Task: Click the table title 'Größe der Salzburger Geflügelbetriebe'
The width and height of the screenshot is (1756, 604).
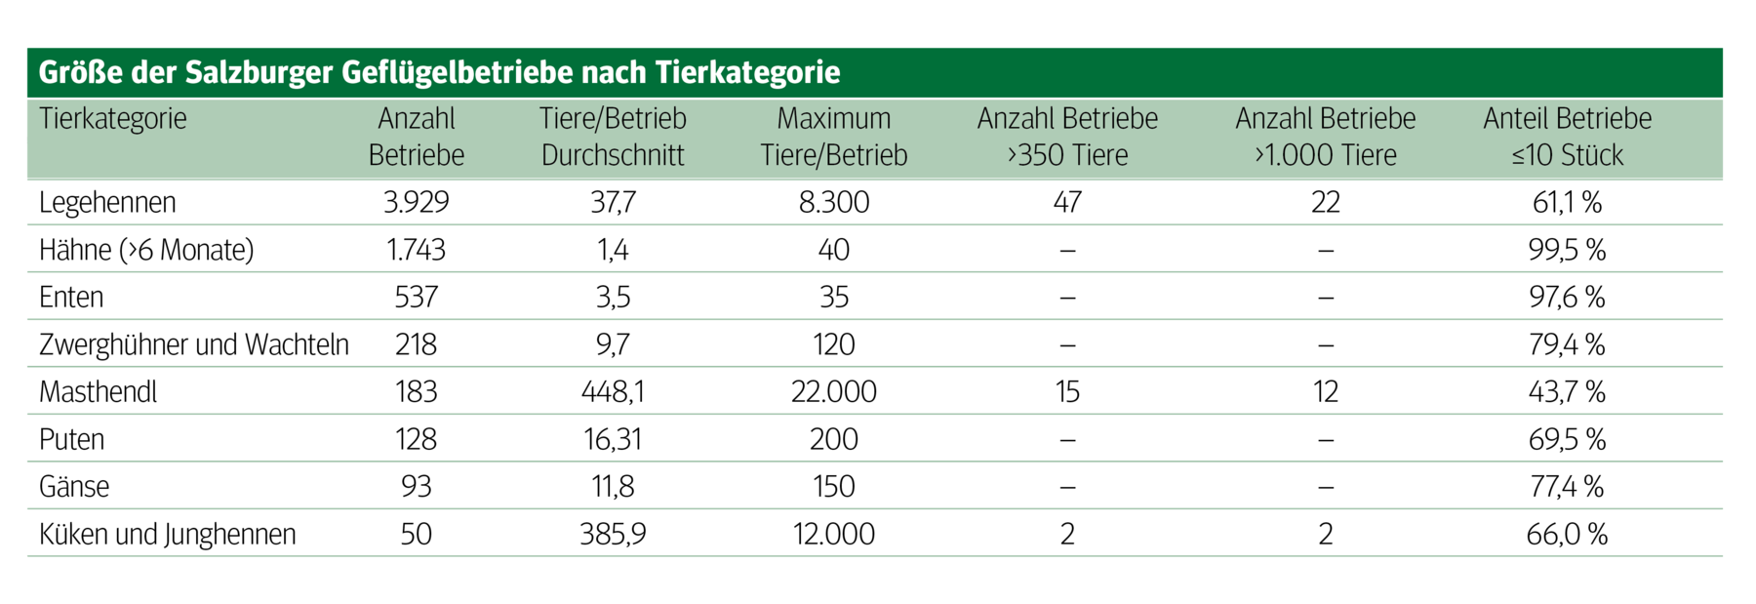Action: (439, 72)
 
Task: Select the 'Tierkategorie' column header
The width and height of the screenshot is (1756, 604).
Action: (113, 119)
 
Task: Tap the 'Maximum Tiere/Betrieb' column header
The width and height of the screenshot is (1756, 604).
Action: (833, 137)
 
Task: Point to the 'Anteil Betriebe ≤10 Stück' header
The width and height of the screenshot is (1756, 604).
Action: (1567, 137)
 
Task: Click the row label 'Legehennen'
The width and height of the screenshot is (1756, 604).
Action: (107, 202)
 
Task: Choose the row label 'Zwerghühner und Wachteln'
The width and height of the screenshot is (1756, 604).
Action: (193, 344)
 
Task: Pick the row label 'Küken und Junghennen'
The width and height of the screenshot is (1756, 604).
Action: (167, 534)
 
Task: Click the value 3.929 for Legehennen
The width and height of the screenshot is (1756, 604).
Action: (416, 202)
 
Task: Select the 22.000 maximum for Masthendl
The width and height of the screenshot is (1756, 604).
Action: (833, 391)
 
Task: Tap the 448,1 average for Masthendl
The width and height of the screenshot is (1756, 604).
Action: (613, 391)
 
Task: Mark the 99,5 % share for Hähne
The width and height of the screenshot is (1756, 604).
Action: (1567, 250)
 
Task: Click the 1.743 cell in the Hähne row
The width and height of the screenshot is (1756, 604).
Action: (416, 250)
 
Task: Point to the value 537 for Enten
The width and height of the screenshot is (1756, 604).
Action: (416, 297)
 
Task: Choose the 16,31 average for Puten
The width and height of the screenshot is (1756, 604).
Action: (613, 439)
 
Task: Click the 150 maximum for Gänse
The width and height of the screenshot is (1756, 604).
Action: (833, 486)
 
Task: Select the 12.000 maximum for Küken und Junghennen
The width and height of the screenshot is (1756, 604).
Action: (833, 534)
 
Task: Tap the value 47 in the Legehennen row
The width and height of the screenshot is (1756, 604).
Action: (1067, 202)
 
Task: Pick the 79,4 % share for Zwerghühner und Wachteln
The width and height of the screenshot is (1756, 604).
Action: (1567, 344)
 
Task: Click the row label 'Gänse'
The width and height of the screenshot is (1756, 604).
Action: (74, 486)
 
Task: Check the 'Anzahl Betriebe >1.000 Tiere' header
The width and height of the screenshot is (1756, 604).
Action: (1325, 137)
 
